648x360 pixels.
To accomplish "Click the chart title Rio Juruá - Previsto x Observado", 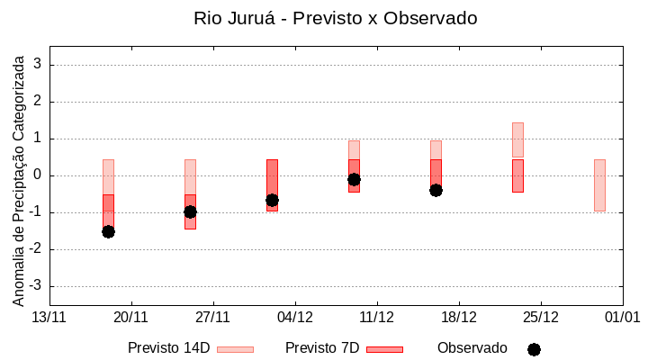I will [336, 18].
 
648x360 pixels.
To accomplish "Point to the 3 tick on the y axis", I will [38, 65].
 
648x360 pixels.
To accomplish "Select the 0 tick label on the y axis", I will [38, 175].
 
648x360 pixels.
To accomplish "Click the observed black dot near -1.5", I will [108, 231].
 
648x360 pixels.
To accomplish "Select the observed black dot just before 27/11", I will [190, 211].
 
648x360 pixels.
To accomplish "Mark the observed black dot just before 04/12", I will [272, 200].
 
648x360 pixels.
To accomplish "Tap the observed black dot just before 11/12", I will [354, 179].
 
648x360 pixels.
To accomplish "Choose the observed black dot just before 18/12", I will [436, 190].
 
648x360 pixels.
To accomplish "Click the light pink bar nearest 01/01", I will [599, 184].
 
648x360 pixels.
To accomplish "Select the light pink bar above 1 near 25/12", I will [517, 139].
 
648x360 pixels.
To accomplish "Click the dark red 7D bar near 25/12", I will [517, 175].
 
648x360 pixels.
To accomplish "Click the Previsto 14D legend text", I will [168, 348].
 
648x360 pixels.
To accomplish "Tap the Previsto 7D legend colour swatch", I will [384, 349].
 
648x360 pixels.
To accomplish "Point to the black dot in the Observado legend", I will [534, 349].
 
